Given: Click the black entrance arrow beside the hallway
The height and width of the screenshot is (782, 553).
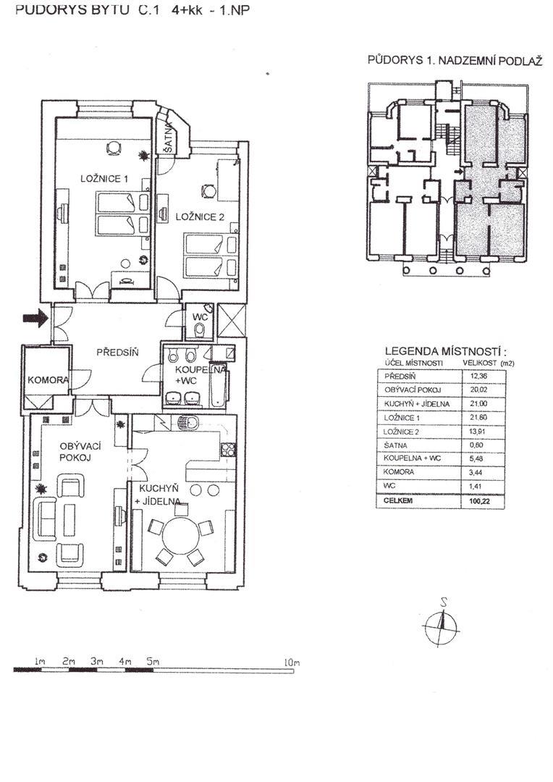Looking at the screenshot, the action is point(35,318).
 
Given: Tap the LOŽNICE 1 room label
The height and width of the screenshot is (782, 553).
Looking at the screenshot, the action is point(104,179).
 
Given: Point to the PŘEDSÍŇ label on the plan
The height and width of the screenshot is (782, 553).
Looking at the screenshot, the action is point(117,353).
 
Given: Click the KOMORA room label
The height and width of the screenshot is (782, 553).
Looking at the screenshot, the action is point(48,380).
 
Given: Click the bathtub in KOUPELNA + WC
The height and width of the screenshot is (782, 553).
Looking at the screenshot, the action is point(217,384).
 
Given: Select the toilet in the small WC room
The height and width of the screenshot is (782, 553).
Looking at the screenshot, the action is point(199,330).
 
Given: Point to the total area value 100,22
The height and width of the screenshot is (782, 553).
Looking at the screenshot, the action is point(479,501).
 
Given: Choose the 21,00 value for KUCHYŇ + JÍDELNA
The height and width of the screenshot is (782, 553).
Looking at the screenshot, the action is point(478,403).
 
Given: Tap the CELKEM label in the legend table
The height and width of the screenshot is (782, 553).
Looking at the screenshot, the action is point(398,501).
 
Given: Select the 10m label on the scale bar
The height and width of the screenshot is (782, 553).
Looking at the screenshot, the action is point(292,663).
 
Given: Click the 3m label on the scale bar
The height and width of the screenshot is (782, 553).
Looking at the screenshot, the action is point(97,661).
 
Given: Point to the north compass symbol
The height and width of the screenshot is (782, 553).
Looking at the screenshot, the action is point(441,623).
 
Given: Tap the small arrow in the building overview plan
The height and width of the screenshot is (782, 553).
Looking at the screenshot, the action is point(459,172).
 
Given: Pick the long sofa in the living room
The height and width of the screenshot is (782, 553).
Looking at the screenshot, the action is point(48,517).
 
